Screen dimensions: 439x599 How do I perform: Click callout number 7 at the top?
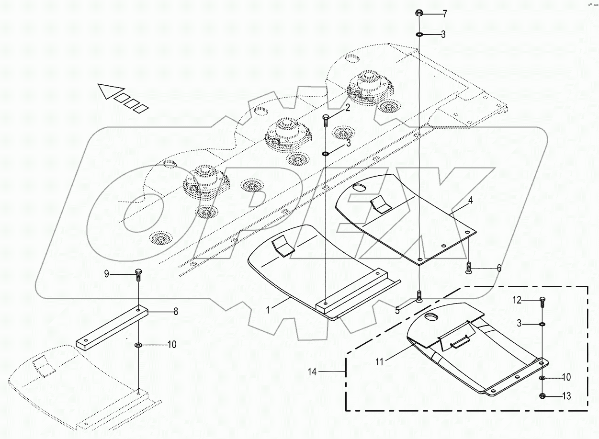coord(445,14)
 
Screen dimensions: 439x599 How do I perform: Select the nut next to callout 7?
coord(418,13)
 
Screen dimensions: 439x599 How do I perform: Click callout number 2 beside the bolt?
coord(348,108)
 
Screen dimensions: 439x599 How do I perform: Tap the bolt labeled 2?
coord(326,120)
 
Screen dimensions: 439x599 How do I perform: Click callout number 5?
coord(397,310)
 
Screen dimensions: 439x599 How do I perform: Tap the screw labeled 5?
coord(419,296)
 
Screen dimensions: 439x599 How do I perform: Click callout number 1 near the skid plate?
coord(268,310)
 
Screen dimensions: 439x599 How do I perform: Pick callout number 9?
coord(107,274)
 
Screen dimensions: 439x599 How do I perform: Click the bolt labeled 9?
coord(138,274)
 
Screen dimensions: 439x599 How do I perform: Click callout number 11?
coord(379,362)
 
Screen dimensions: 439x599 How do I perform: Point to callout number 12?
coord(517,301)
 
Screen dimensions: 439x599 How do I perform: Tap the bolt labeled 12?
coord(542,302)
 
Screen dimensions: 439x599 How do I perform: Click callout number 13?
coord(566,396)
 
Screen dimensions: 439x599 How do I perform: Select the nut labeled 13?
coord(542,396)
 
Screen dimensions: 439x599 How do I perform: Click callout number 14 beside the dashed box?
coord(313,371)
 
